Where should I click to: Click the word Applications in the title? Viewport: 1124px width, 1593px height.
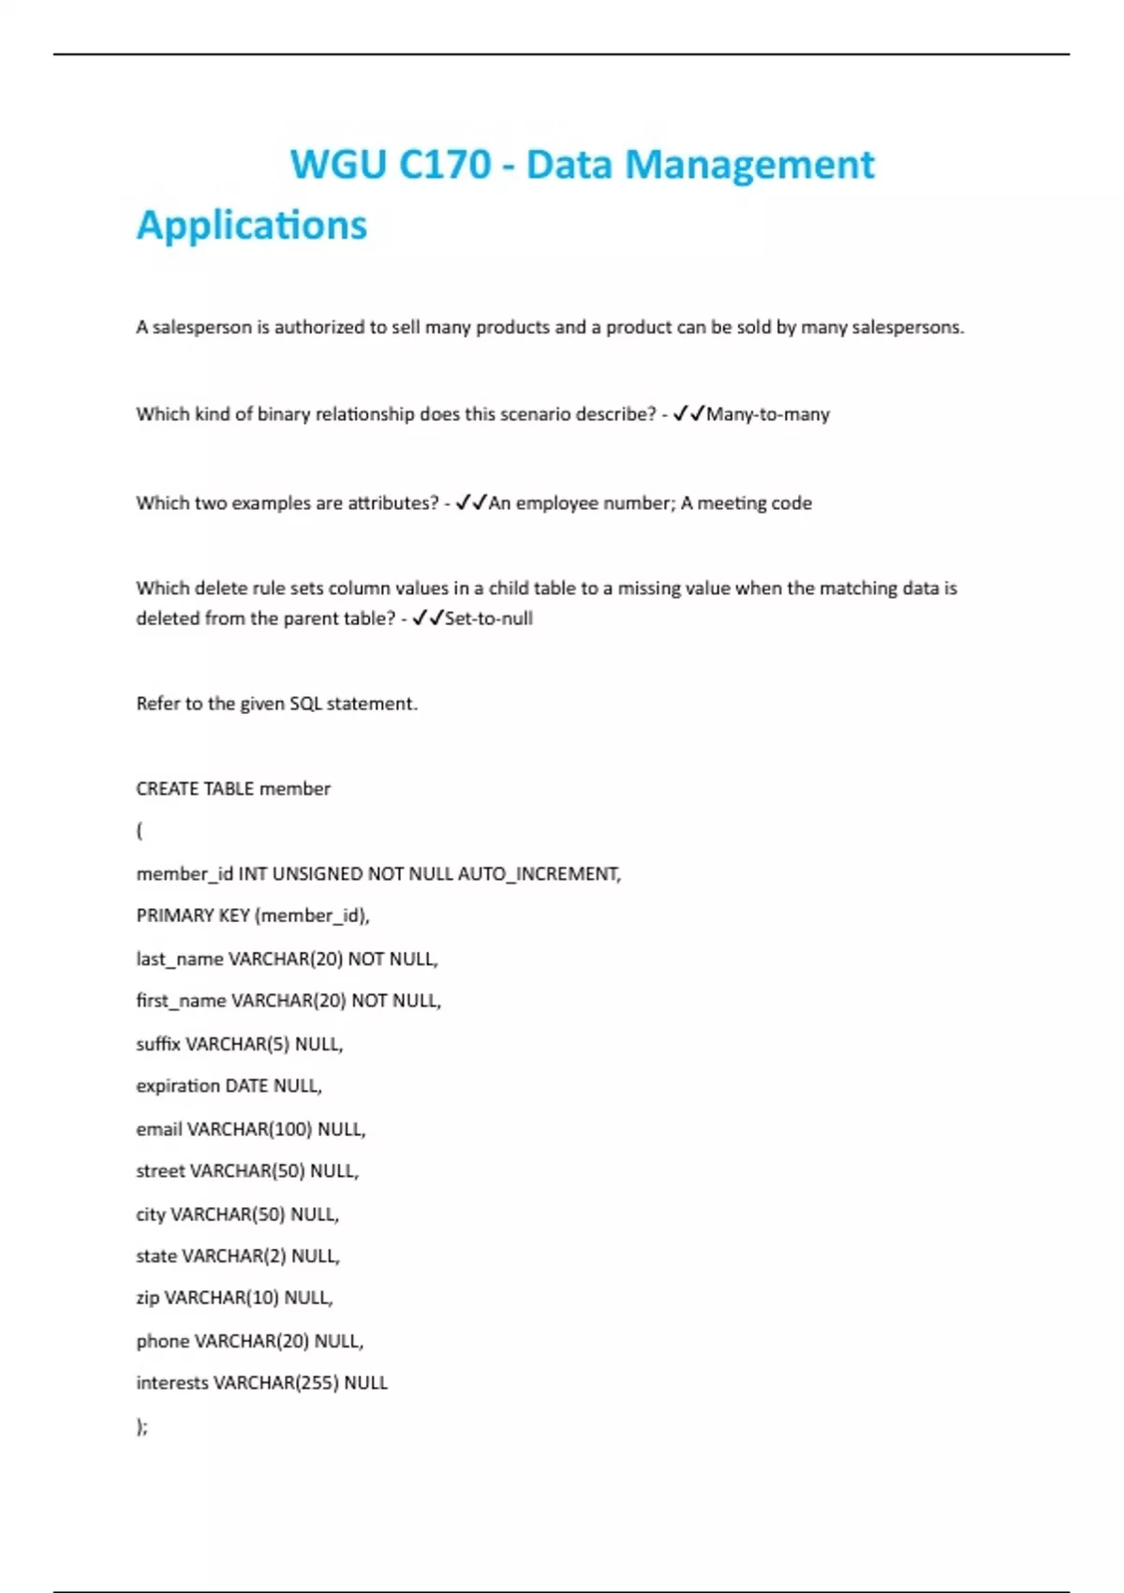click(252, 226)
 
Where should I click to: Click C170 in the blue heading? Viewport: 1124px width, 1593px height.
click(444, 165)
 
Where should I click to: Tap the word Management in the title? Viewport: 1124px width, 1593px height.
click(749, 165)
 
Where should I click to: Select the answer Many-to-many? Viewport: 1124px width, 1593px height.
click(767, 414)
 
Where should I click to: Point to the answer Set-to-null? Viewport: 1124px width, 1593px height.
click(488, 618)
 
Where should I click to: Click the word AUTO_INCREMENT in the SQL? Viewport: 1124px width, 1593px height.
click(539, 874)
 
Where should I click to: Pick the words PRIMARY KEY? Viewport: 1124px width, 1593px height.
click(193, 916)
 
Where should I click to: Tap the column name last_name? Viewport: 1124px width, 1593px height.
click(179, 960)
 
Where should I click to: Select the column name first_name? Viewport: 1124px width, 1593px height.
click(181, 1001)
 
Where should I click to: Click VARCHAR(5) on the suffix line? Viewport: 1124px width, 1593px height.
click(238, 1044)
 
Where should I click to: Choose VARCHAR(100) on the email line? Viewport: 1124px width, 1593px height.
click(249, 1129)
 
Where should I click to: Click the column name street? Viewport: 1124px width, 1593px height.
click(160, 1171)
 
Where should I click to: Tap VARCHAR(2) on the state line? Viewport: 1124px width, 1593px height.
click(234, 1256)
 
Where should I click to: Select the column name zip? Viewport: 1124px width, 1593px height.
click(147, 1298)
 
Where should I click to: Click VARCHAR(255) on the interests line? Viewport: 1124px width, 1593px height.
click(275, 1383)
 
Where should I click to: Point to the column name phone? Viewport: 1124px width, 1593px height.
click(162, 1341)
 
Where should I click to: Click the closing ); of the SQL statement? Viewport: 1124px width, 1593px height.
click(142, 1426)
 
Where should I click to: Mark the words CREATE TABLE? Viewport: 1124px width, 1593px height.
click(195, 789)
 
